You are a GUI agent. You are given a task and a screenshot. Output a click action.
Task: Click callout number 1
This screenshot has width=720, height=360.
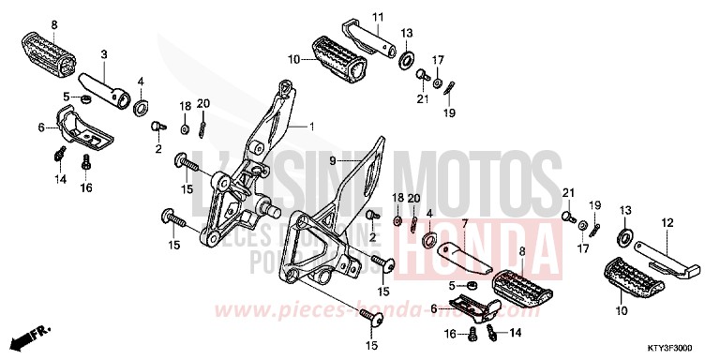pos(313,126)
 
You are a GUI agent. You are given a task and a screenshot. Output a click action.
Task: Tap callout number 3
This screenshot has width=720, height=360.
pos(104,54)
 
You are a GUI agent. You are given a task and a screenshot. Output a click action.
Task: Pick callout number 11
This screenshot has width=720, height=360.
pos(379,18)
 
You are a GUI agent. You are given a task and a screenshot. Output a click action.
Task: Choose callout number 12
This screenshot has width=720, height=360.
pos(668,223)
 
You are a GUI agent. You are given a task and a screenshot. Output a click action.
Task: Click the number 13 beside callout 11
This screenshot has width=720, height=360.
pos(406,33)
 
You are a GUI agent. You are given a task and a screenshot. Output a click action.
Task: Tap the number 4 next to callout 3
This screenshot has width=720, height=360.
pos(141,81)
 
